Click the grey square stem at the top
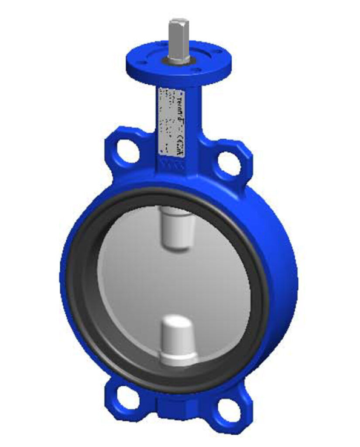point(179,39)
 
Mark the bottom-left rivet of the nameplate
point(162,149)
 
